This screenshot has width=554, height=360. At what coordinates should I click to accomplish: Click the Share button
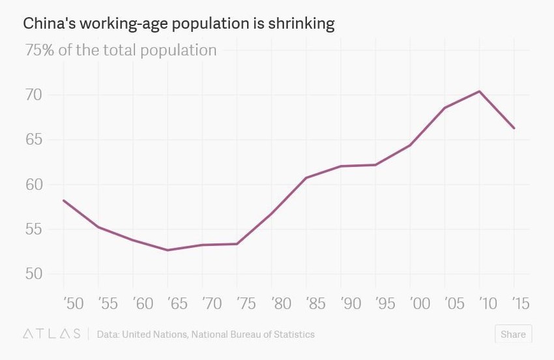[513, 334]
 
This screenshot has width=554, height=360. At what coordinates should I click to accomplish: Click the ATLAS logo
[51, 334]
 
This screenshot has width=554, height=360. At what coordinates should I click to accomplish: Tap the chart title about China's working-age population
[179, 24]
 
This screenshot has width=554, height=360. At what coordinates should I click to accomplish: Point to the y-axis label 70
[34, 95]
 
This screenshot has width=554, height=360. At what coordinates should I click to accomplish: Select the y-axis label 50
[34, 274]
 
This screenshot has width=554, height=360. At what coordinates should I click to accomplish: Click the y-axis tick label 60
[34, 185]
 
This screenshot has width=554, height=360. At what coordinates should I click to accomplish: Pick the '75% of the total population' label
[121, 50]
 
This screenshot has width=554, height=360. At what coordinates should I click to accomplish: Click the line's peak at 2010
[480, 91]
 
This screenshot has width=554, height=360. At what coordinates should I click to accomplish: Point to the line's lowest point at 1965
[168, 250]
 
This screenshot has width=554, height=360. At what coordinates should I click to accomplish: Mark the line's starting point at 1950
[64, 200]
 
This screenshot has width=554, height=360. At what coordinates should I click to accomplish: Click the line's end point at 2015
[514, 128]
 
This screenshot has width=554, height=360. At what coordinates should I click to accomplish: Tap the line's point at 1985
[306, 177]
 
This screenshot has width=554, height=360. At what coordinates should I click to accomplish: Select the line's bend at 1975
[237, 244]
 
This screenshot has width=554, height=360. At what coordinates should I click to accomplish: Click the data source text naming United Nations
[205, 334]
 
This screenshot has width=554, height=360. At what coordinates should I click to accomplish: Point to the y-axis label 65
[34, 140]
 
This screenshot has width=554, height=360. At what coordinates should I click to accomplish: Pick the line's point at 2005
[445, 108]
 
